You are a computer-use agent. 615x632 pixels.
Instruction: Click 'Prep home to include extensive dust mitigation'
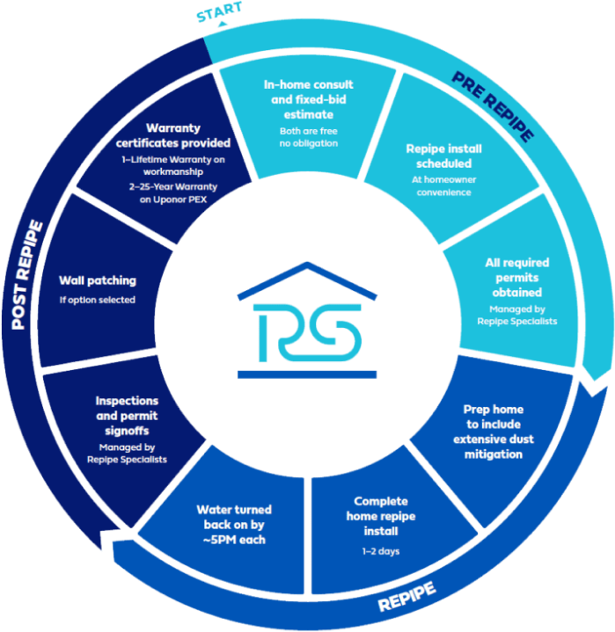click(x=493, y=432)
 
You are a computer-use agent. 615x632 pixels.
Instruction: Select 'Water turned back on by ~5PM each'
click(x=235, y=524)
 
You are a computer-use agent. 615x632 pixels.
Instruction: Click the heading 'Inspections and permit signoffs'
click(x=127, y=414)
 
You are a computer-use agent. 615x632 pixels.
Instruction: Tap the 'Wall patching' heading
click(x=98, y=280)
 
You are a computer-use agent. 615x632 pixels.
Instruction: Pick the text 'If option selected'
click(x=98, y=300)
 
